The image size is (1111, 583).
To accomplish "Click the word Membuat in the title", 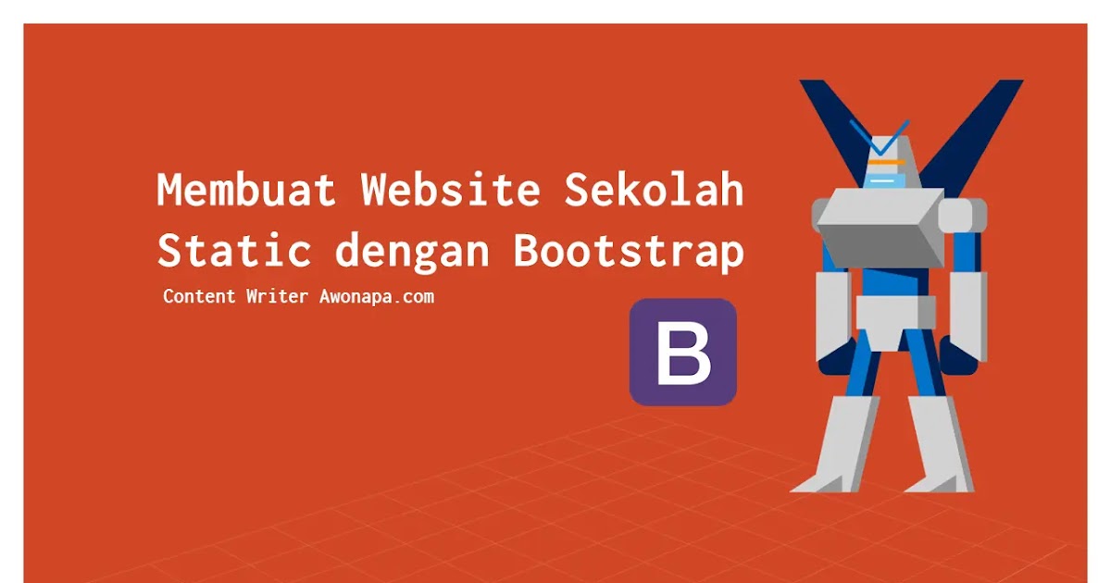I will pyautogui.click(x=246, y=191).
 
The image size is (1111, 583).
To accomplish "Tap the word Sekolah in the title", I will pyautogui.click(x=654, y=191).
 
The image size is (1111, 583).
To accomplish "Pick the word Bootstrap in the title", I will pyautogui.click(x=629, y=253).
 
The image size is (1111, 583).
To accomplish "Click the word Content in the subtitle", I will pyautogui.click(x=199, y=297).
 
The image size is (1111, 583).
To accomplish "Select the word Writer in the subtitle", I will pyautogui.click(x=277, y=297).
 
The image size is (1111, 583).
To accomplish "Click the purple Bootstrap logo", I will pyautogui.click(x=683, y=353).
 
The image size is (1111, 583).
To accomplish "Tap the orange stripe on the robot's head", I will pyautogui.click(x=887, y=162).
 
